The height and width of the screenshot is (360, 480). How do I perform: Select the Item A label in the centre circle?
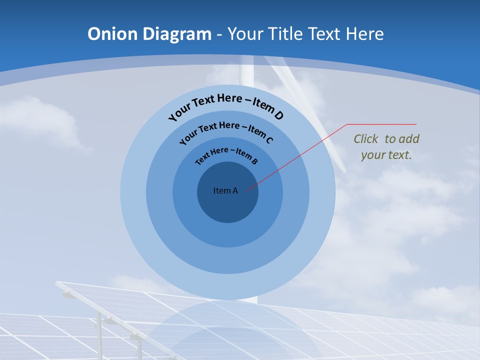point(225,190)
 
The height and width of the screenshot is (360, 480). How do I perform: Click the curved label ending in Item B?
point(226,154)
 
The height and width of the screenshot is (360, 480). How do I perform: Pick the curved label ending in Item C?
point(226,131)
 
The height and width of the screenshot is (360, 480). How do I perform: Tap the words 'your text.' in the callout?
point(386,155)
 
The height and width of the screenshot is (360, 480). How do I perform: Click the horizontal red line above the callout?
point(382,124)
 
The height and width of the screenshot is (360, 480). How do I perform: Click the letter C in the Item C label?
point(269,140)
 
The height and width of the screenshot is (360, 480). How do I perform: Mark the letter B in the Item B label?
point(254,161)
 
